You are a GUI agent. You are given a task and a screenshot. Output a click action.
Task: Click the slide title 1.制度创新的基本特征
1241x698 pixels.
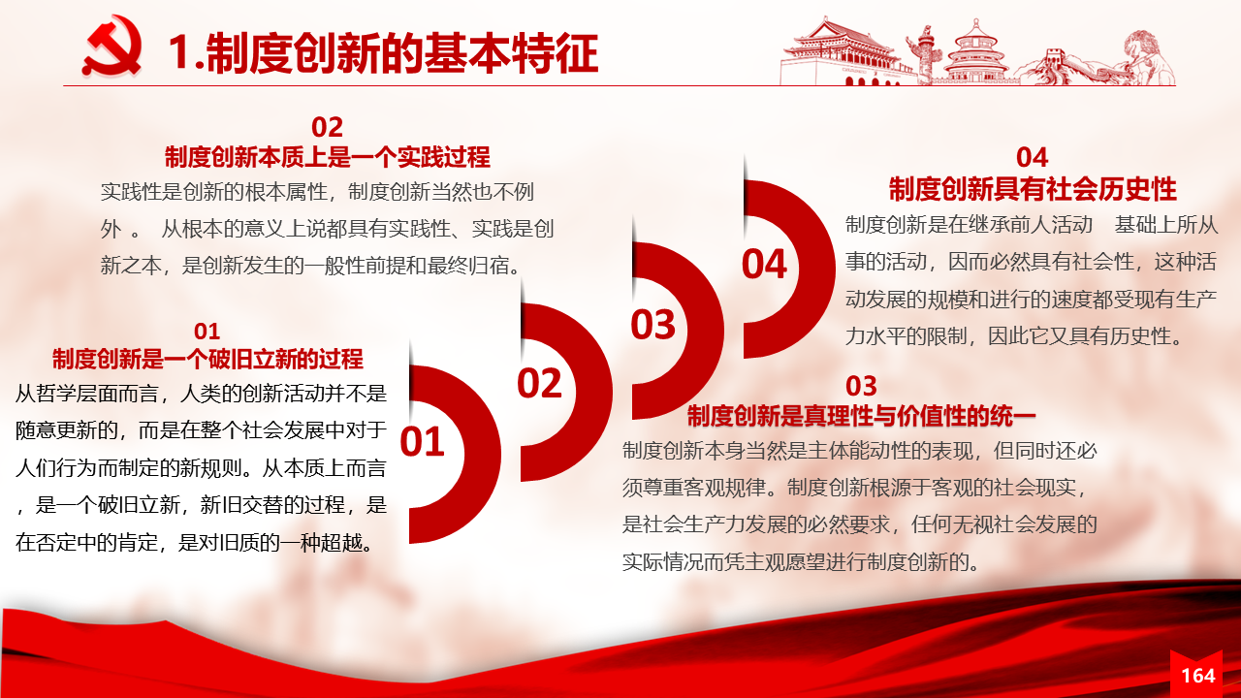click(383, 53)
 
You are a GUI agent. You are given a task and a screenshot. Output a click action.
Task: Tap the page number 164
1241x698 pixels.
click(1197, 676)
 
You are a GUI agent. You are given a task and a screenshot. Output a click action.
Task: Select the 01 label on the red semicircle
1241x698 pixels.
click(422, 441)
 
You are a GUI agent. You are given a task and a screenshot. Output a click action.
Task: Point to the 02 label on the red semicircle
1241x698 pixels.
click(540, 383)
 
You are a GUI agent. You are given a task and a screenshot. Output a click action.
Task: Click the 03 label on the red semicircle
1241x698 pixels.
click(653, 324)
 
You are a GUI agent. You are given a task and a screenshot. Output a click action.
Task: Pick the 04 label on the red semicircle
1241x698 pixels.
click(765, 264)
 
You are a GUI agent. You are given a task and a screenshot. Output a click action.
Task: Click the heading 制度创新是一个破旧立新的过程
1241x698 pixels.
click(207, 359)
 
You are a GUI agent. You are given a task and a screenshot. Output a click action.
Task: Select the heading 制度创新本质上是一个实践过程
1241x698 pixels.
click(328, 157)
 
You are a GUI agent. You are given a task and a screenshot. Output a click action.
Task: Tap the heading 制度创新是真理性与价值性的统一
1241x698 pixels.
click(862, 416)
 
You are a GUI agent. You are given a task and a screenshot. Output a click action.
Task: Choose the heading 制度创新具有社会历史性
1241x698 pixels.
click(1033, 189)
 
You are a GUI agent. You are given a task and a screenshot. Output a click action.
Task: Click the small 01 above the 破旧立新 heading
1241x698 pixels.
click(207, 332)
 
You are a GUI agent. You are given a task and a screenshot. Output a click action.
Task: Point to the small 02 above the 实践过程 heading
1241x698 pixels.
click(327, 127)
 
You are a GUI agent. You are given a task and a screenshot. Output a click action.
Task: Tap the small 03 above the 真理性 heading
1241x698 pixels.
click(862, 386)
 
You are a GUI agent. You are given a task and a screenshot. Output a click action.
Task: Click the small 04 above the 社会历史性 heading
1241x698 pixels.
click(1033, 158)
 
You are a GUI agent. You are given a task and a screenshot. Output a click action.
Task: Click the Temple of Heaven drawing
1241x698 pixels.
click(975, 51)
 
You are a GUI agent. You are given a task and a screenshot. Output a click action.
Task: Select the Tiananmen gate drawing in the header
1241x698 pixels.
click(843, 51)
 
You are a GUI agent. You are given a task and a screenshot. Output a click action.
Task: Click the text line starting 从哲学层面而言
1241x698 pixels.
click(201, 394)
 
